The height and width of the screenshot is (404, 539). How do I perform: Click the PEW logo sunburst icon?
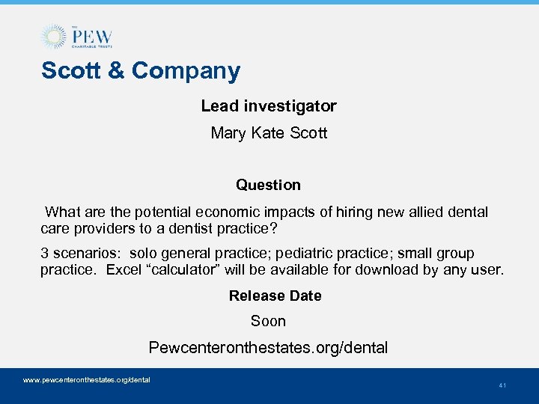[53, 37]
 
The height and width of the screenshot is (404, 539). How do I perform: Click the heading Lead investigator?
[269, 106]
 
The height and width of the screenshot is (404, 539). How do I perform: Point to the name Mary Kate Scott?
[269, 133]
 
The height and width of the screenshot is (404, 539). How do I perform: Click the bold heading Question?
[268, 185]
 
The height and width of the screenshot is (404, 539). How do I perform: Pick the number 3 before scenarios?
[45, 254]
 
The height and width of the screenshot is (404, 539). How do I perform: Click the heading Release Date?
[275, 296]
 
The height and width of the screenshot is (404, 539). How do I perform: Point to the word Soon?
[268, 321]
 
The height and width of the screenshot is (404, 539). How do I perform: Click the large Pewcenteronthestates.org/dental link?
[268, 348]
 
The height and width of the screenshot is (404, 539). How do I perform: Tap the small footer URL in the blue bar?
[87, 380]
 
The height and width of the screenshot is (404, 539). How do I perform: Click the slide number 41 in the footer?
[502, 386]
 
